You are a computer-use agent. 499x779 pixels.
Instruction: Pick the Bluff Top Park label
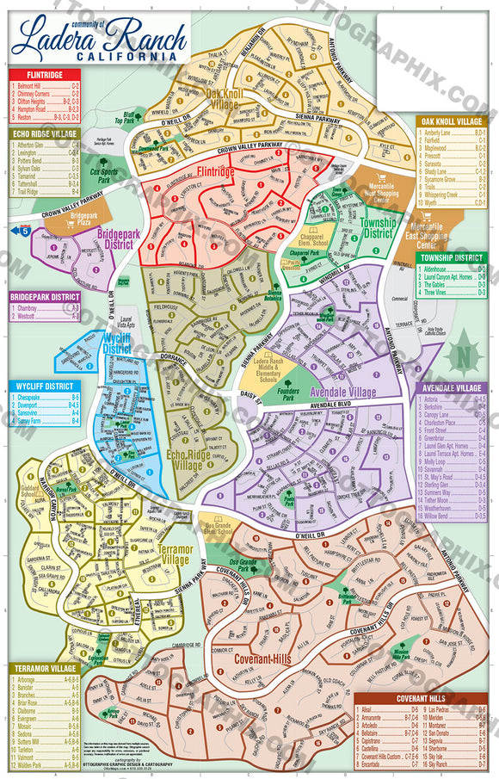tap(130, 116)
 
